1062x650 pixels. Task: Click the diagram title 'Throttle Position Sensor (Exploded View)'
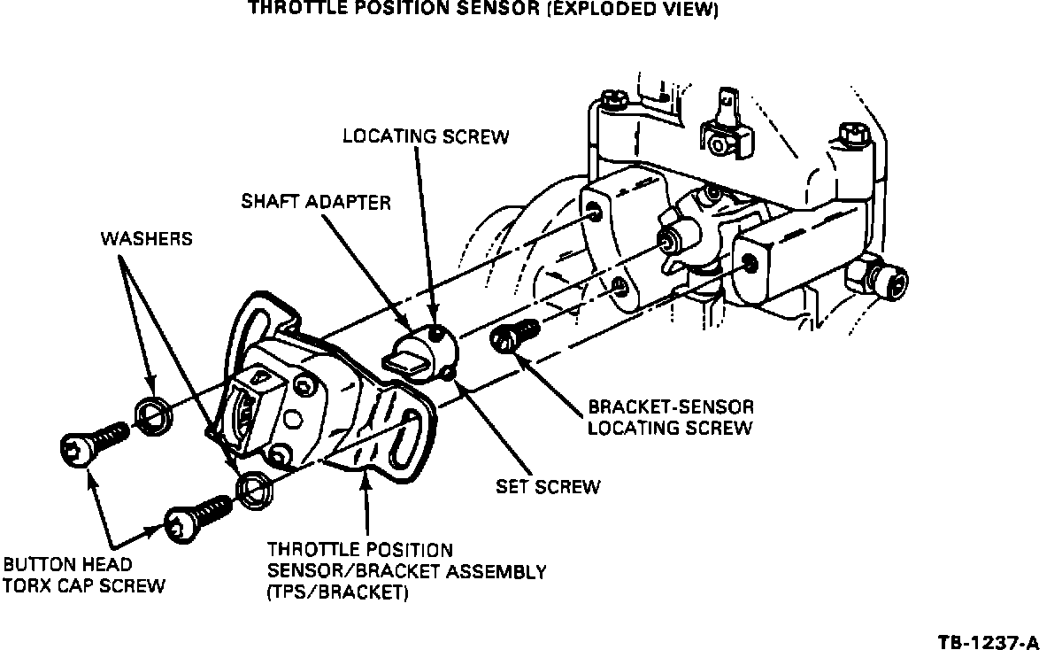click(x=482, y=11)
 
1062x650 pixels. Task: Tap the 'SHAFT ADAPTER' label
click(x=316, y=202)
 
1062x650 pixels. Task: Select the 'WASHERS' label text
click(x=147, y=239)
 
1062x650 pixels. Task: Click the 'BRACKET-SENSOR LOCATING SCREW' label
click(x=671, y=417)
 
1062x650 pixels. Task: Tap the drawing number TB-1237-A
click(x=990, y=638)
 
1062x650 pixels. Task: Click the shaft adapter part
click(x=421, y=350)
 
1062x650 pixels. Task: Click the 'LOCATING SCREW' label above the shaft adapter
click(x=426, y=136)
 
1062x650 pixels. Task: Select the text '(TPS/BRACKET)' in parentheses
click(x=337, y=593)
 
